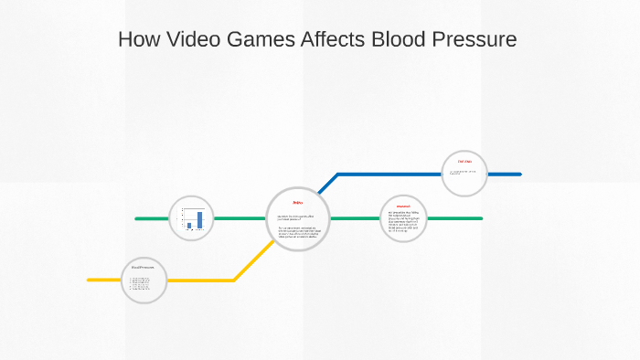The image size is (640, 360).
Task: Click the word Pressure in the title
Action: click(x=475, y=40)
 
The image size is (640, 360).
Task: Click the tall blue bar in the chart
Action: click(x=199, y=219)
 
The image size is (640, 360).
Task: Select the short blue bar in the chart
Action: click(x=189, y=225)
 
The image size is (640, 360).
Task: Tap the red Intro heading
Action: click(x=297, y=202)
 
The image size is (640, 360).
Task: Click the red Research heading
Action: click(x=403, y=206)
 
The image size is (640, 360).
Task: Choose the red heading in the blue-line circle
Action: click(x=464, y=162)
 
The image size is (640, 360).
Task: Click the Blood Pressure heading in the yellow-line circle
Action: click(x=143, y=267)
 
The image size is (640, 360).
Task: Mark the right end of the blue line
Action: click(x=519, y=174)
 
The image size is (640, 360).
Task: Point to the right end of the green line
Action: click(x=480, y=218)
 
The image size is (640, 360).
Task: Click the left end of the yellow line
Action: click(x=90, y=280)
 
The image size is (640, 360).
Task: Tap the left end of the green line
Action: click(x=137, y=218)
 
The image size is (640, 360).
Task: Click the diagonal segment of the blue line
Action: click(x=327, y=183)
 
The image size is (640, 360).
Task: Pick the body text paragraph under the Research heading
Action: click(x=403, y=222)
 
